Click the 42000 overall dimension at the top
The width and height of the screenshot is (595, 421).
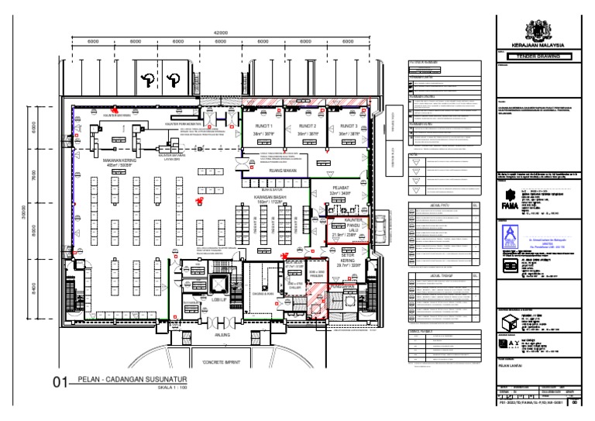point(221,33)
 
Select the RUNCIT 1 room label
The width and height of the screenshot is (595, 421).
point(265,126)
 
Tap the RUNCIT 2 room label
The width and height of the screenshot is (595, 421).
point(308,126)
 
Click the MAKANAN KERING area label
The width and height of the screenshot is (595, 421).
point(120,162)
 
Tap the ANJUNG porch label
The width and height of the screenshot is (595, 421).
point(223,334)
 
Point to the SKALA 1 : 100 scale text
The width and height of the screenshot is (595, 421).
point(173,388)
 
